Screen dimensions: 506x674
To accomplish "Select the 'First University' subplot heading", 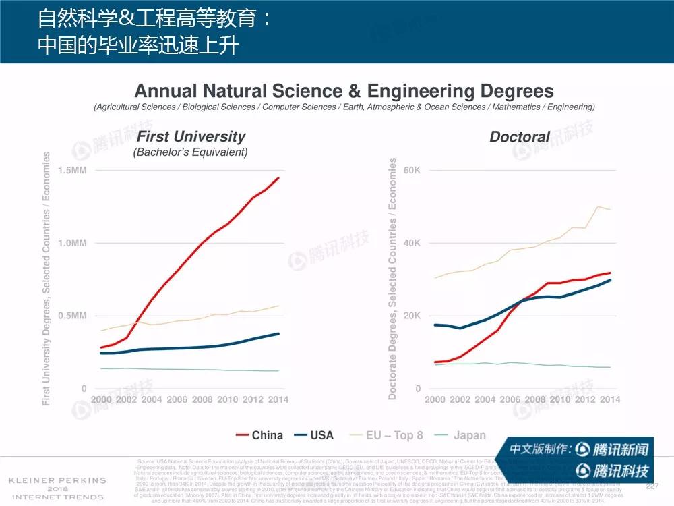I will click(x=191, y=136).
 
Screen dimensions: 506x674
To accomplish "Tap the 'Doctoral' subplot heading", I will click(x=519, y=137).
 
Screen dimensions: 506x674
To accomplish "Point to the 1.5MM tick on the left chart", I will click(x=72, y=170).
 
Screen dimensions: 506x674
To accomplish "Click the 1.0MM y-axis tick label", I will click(x=72, y=243).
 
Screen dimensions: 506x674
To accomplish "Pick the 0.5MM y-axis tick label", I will click(x=72, y=316).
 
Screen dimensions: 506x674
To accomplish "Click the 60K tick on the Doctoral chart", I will click(x=412, y=170).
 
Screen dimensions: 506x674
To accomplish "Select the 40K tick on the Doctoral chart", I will click(x=412, y=243).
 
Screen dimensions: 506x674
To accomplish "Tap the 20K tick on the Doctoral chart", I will click(x=412, y=316).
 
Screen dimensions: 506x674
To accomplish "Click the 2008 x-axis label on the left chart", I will click(x=202, y=399).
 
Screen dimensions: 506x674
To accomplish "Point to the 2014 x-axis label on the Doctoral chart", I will click(x=609, y=399).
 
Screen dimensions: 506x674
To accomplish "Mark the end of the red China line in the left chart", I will click(x=278, y=178).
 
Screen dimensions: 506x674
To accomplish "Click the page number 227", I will click(x=652, y=486).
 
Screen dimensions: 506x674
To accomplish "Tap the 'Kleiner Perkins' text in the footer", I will click(x=57, y=480).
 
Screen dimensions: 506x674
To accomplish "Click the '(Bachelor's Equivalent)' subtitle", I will click(x=191, y=152).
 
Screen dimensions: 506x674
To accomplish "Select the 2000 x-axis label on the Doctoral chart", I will click(x=436, y=399).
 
